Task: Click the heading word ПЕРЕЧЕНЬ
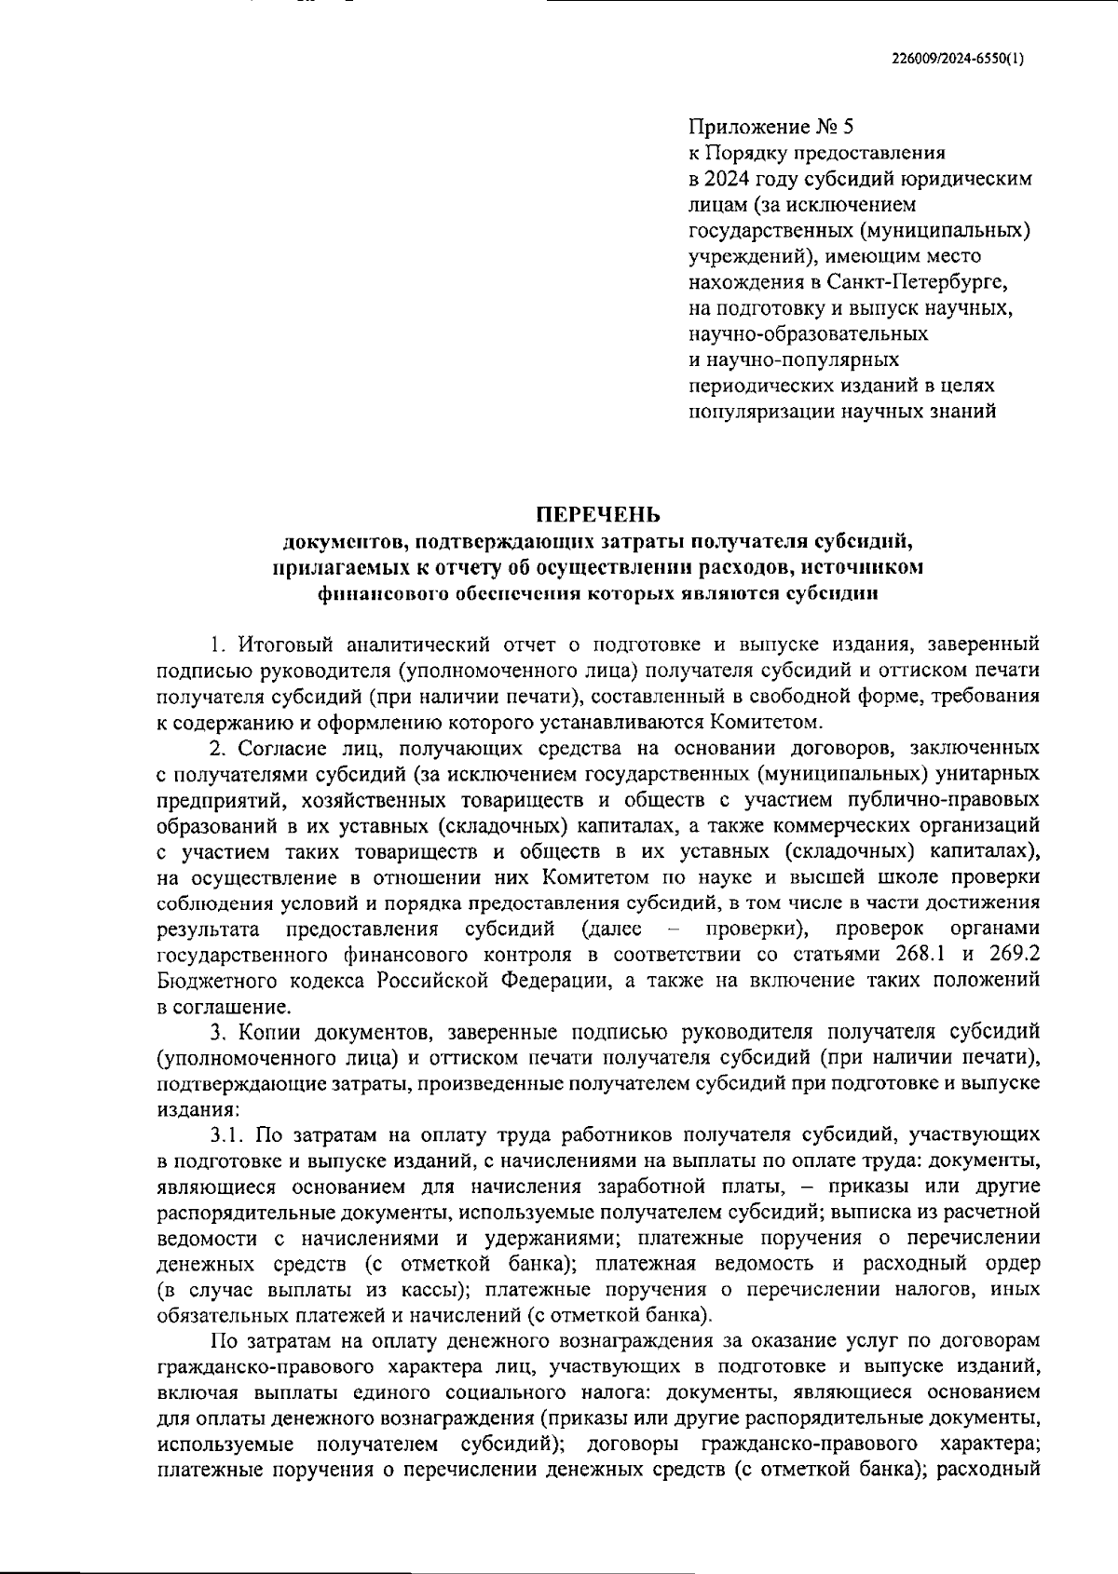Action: pyautogui.click(x=597, y=514)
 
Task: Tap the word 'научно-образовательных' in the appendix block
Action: pyautogui.click(x=808, y=332)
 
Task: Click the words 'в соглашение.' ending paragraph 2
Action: pyautogui.click(x=225, y=1007)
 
